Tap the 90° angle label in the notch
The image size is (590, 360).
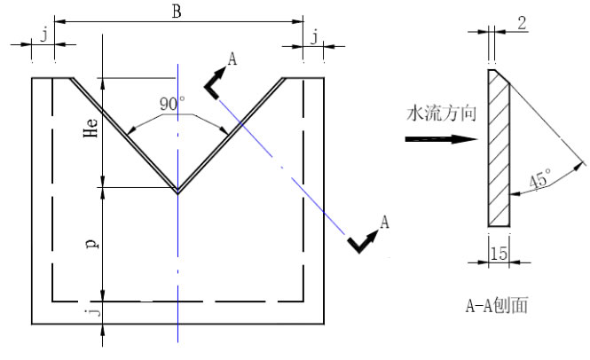(171, 104)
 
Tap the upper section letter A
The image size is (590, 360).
(232, 59)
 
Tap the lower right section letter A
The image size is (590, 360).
(383, 222)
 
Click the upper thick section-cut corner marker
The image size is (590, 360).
(213, 85)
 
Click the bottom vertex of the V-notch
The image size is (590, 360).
(177, 192)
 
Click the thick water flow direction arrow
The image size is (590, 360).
(440, 139)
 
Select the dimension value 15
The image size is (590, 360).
(498, 254)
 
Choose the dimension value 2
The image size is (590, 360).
(522, 24)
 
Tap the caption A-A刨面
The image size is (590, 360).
(497, 306)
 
